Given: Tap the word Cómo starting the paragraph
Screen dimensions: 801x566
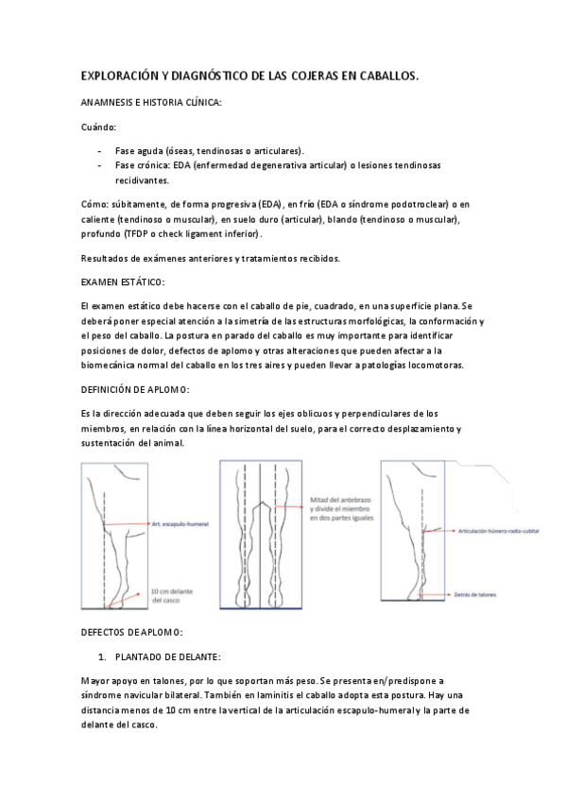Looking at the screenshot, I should pos(94,204).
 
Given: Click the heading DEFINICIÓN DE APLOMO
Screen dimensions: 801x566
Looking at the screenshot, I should pos(135,389).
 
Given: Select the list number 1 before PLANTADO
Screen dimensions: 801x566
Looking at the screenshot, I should pos(102,656).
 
